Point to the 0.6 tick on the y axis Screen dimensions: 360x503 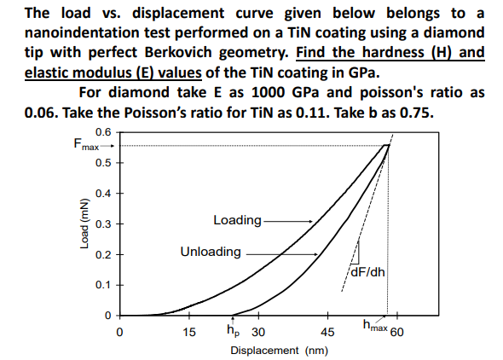point(103,131)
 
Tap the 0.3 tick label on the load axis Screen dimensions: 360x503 point(103,224)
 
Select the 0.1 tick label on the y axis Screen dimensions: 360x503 point(103,284)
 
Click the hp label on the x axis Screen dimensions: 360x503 point(233,328)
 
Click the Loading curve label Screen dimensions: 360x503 point(237,220)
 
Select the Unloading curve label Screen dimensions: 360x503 point(210,253)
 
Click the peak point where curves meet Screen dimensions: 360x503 point(388,145)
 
